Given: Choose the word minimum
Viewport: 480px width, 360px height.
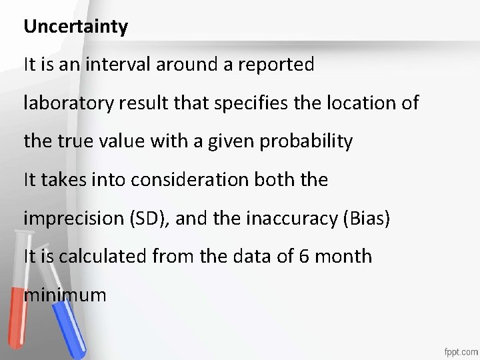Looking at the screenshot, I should (x=65, y=294).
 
